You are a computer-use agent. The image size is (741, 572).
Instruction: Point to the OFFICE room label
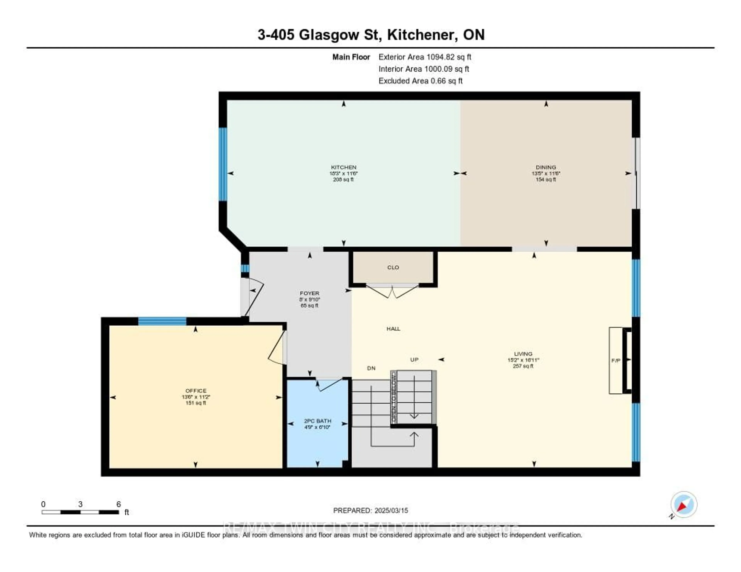[x=196, y=391]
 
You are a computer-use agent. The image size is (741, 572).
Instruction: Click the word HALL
[x=393, y=329]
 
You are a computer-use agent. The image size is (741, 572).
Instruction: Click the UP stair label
[x=414, y=359]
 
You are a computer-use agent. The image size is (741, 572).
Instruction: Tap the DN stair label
[x=371, y=368]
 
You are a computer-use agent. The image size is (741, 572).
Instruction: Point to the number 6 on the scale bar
[x=118, y=504]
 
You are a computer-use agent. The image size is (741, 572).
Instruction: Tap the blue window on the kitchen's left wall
[x=222, y=164]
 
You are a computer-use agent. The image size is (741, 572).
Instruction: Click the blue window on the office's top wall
[x=162, y=321]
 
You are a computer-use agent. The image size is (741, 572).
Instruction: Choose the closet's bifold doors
[x=392, y=292]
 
